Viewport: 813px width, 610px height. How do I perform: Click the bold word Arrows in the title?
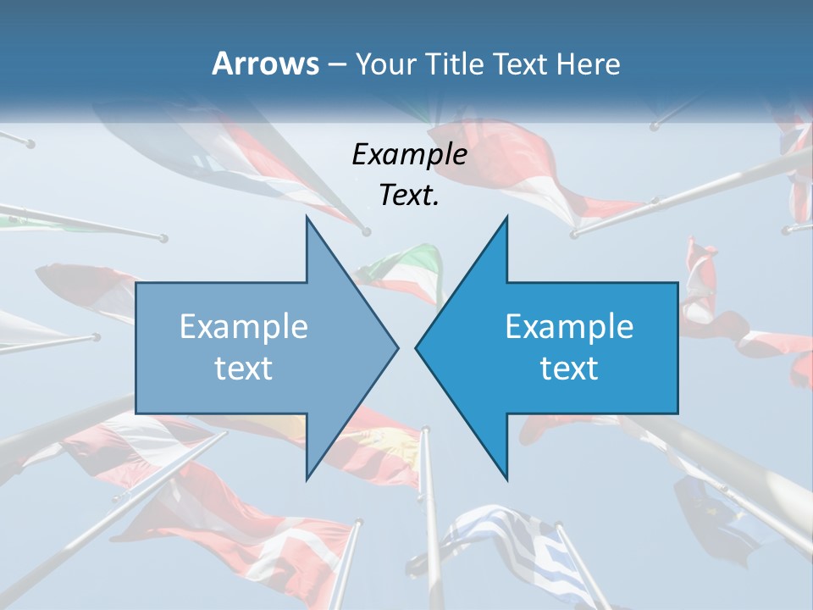point(265,64)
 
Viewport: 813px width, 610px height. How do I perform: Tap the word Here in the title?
point(589,64)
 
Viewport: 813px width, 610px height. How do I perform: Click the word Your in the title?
point(383,64)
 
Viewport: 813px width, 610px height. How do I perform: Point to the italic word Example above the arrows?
point(409,155)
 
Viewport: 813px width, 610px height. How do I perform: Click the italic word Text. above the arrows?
point(409,196)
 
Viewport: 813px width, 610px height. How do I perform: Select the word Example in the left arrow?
point(244,327)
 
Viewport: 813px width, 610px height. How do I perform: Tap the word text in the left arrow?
point(244,368)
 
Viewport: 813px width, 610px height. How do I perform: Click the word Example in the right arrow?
point(569,327)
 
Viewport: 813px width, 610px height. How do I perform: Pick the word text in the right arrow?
point(569,368)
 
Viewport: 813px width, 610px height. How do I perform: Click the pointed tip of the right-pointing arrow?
point(397,347)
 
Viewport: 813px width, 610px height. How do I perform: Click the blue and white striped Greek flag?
point(508,542)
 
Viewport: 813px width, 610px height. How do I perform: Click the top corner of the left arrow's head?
point(307,218)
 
